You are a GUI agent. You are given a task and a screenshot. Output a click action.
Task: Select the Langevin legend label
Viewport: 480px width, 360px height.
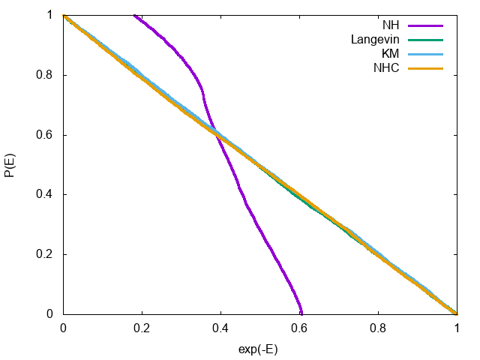coord(376,40)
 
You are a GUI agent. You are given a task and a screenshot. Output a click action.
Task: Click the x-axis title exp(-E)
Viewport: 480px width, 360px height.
coord(259,350)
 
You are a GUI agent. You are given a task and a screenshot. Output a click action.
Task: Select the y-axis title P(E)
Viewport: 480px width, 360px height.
coord(10,164)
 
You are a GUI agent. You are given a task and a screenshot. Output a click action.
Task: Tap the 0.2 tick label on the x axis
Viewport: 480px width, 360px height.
coord(142,328)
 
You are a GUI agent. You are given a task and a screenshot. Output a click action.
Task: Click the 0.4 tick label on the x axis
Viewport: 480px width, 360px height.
coord(220,328)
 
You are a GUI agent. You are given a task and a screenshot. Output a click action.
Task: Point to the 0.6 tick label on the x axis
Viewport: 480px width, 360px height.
coord(299,328)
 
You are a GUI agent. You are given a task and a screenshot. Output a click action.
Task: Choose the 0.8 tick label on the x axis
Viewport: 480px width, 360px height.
coord(378,328)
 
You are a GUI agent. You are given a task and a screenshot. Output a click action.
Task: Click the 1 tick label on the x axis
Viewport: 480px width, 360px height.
coord(457,328)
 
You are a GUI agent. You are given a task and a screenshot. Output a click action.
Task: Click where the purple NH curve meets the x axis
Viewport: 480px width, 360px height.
coord(301,313)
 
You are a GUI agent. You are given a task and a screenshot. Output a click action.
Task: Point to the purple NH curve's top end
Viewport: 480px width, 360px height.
coord(135,15)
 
